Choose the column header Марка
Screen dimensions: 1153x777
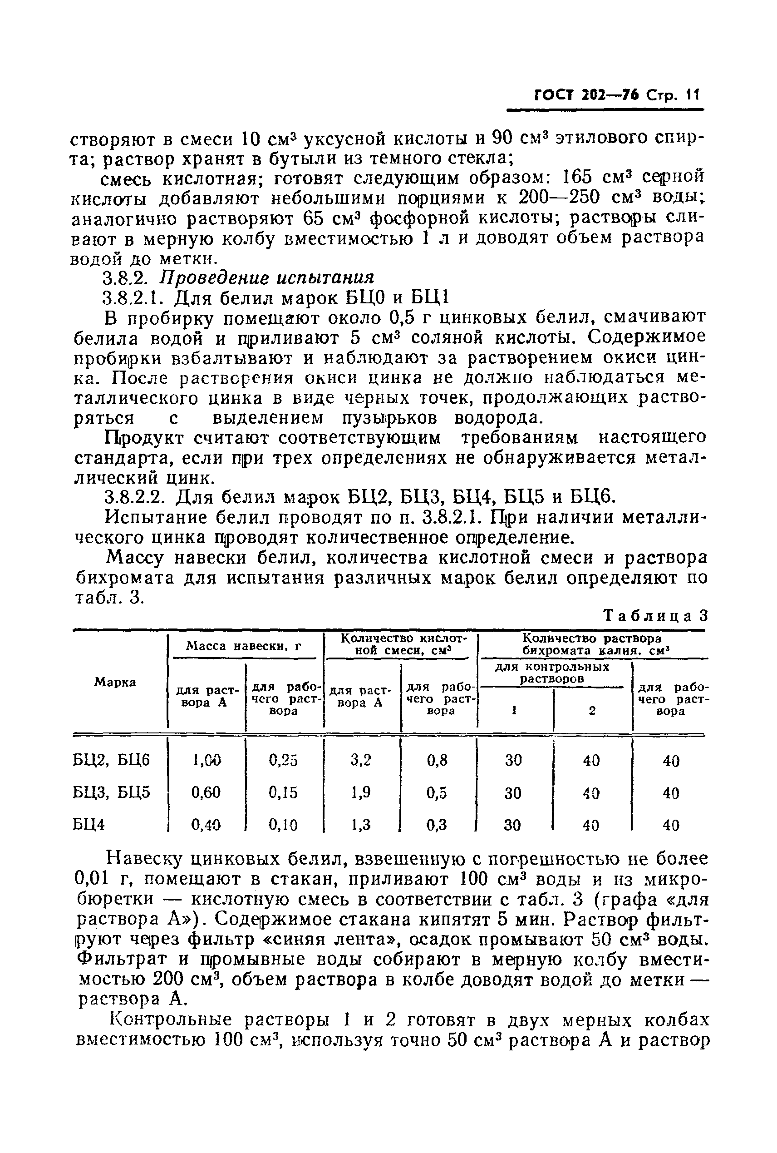coord(115,683)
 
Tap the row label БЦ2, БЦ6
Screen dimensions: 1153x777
coord(112,760)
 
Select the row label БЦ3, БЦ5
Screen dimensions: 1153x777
coord(112,792)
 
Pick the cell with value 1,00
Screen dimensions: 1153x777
coord(207,760)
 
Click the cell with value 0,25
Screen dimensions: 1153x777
coord(284,760)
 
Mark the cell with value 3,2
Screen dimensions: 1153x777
coord(361,760)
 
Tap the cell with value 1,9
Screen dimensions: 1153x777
coord(361,792)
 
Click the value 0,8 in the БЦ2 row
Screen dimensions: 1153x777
coord(437,760)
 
